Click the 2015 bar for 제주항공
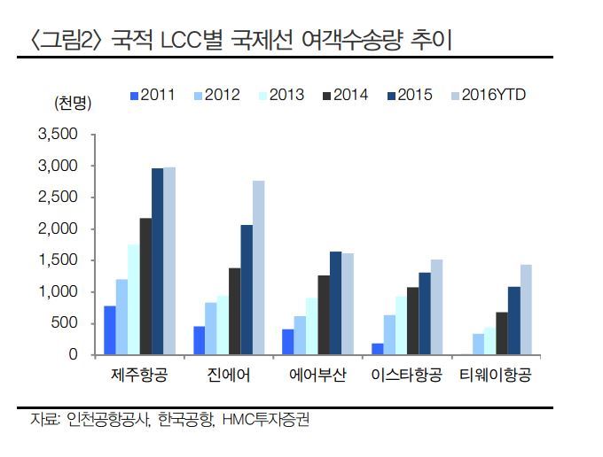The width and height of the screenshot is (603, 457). point(157,261)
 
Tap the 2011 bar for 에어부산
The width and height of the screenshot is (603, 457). point(288,342)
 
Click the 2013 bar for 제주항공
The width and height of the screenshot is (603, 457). point(133,299)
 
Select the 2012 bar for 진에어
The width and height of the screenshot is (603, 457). point(210,329)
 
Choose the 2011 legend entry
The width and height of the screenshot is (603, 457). point(153,95)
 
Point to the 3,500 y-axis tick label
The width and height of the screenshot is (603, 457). point(59,135)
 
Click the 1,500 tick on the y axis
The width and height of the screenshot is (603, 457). point(59,260)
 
